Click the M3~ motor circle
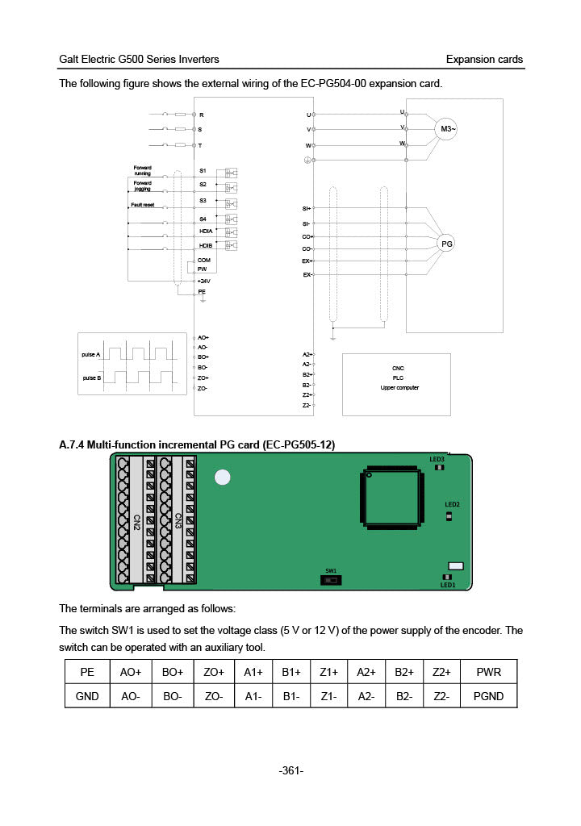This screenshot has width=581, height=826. pos(446,128)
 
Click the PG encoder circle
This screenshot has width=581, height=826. pos(446,244)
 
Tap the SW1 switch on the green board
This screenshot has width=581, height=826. pos(331,580)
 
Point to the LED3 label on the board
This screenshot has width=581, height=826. pos(437,459)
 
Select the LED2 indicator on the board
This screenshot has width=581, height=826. pos(449,515)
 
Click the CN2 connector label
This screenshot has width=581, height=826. pos(137,523)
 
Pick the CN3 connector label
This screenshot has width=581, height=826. pos(178,523)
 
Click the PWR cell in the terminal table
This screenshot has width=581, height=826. pos(488,671)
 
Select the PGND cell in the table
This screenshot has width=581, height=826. pos(488,695)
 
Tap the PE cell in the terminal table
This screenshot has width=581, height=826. pos(87,671)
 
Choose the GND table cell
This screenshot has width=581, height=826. pos(87,695)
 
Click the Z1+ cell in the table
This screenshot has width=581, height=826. pos(328,671)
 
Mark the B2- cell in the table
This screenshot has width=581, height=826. pos(404,695)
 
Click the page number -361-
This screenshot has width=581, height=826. pos(290,771)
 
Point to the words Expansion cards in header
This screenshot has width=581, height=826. pos(484,59)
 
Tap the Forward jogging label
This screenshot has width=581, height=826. pos(142,186)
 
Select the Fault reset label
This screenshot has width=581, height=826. pos(143,206)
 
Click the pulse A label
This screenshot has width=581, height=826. pos(91,355)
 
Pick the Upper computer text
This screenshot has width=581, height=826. pos(399,388)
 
